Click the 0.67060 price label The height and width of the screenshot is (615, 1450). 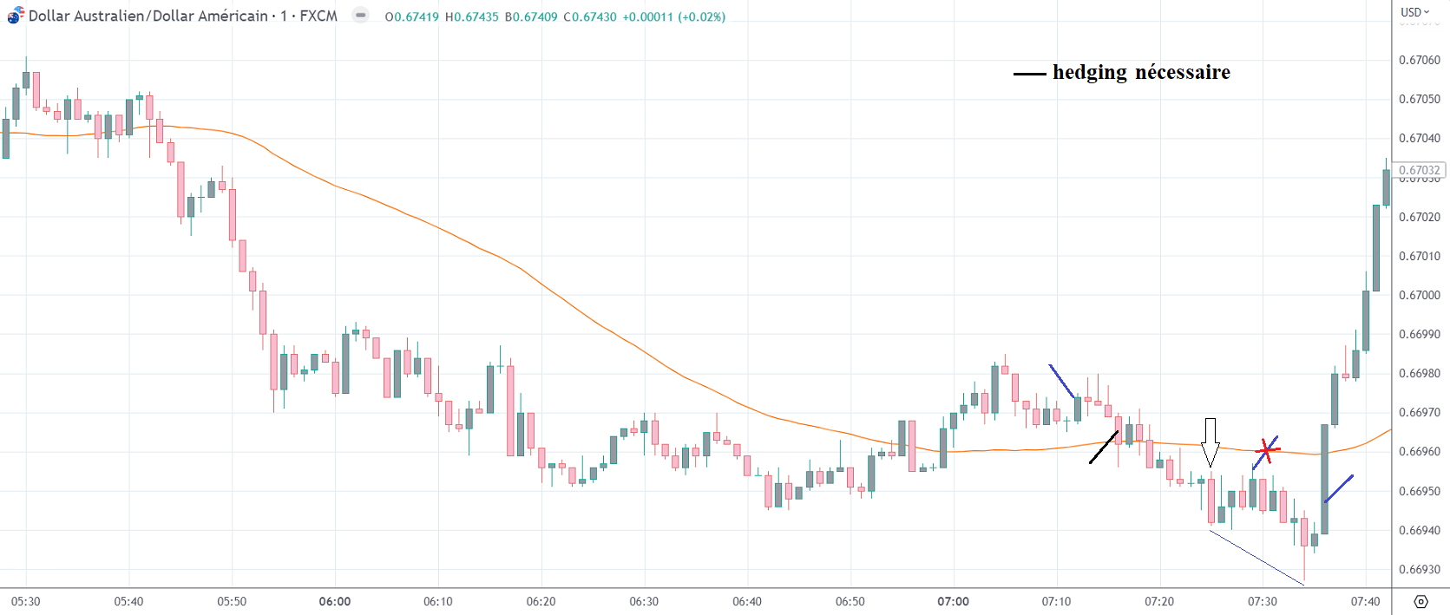[1419, 60]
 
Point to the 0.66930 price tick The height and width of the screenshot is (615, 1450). [1419, 570]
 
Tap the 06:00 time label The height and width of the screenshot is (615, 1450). [335, 601]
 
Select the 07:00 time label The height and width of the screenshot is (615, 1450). [953, 601]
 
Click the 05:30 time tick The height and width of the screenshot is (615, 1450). [26, 601]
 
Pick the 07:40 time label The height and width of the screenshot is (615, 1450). [1365, 601]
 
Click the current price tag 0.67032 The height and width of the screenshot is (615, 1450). [1419, 170]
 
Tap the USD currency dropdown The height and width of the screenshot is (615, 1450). [1414, 12]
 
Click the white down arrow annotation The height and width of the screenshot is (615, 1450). [1210, 442]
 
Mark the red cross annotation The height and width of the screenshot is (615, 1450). [1267, 450]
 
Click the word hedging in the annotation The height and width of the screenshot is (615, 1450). [1089, 72]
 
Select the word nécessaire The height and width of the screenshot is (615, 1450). [1183, 72]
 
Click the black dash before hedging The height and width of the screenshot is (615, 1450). [1029, 75]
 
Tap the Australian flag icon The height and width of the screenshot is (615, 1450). [16, 16]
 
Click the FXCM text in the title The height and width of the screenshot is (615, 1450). [318, 16]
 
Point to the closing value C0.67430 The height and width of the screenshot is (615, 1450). [590, 16]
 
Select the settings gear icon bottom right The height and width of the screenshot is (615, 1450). [1420, 601]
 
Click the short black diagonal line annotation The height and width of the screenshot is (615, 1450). [1104, 447]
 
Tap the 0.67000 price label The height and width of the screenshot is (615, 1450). [1419, 295]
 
